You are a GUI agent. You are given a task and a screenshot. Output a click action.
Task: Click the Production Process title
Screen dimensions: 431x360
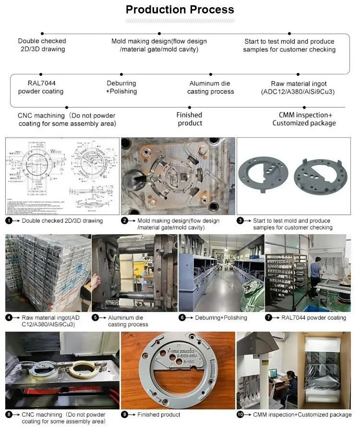180,10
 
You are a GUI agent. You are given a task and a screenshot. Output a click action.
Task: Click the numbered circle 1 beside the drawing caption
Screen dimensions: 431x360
9,221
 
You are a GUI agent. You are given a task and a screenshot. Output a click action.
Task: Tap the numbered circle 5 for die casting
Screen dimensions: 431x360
95,318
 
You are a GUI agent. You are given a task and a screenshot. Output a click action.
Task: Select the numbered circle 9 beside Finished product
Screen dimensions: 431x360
124,415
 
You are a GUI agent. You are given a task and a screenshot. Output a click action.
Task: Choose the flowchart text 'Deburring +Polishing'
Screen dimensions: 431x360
121,87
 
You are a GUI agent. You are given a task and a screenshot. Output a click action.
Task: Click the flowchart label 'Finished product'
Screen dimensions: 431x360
189,119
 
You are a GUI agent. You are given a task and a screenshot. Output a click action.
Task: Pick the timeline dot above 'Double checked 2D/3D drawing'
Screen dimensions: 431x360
42,34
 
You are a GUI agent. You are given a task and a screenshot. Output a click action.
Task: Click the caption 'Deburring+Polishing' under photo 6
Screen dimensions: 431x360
221,318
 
